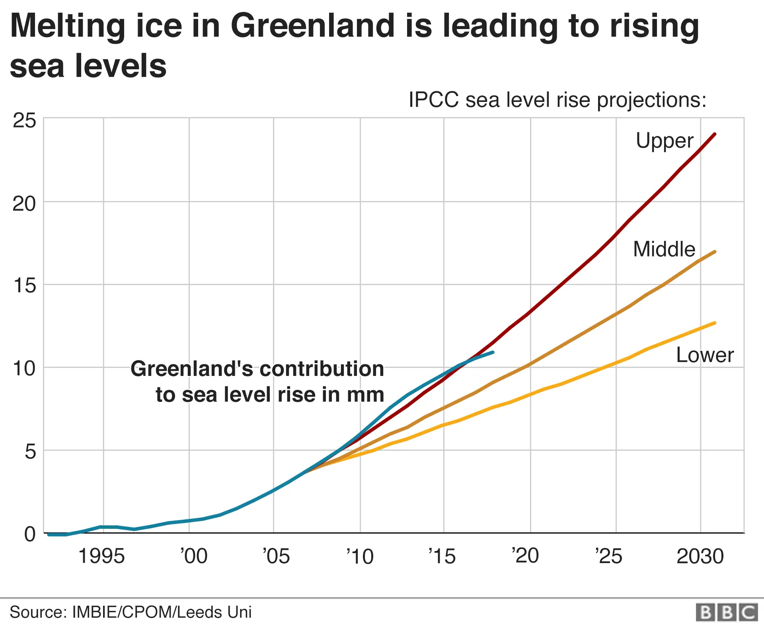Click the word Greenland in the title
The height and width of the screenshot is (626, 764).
point(312,26)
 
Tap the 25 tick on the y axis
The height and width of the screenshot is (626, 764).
point(24,121)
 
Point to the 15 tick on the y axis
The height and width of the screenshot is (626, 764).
point(24,286)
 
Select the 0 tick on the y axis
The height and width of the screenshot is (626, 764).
point(30,534)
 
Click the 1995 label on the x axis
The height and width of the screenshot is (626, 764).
point(101,556)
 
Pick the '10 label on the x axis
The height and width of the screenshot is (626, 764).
point(360,556)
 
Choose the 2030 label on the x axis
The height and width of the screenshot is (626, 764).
point(700,556)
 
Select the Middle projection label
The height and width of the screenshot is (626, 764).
point(664,249)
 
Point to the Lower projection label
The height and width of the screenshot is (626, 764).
point(705,355)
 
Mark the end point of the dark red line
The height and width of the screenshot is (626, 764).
point(715,134)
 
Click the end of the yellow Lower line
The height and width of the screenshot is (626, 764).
point(715,323)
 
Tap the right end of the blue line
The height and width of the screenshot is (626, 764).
point(493,352)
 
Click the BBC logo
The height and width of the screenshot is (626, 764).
point(727,612)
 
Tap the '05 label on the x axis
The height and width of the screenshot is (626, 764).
point(276,556)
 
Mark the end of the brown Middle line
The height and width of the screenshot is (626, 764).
point(715,252)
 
